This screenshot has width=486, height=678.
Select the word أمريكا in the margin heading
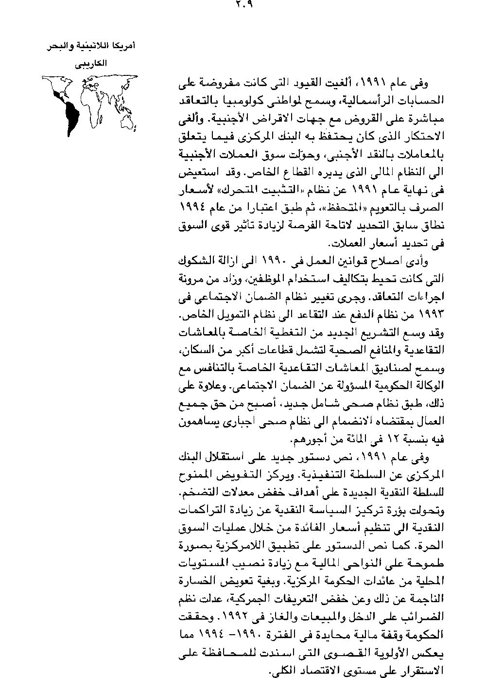122,47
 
